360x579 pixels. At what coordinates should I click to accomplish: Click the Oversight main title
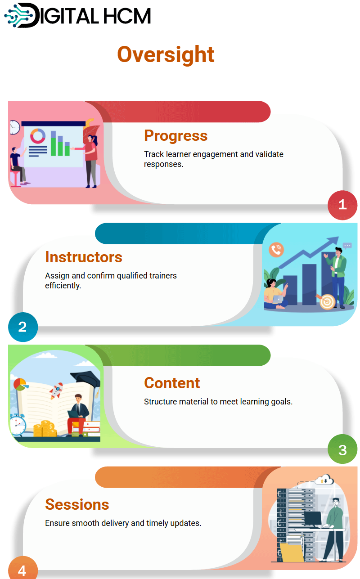pos(166,54)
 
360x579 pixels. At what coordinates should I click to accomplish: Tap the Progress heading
pos(175,135)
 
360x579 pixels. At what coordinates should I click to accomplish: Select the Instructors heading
pos(84,257)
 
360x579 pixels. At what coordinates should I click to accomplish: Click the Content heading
pos(172,383)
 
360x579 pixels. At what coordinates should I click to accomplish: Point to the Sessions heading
pos(77,504)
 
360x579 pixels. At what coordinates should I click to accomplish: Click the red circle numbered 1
pos(342,205)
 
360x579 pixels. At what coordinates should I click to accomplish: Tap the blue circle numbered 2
pos(23,327)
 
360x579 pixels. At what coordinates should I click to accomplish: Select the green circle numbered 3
pos(342,449)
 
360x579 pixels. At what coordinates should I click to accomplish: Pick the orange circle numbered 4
pos(23,569)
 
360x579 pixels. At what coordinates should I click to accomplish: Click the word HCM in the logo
pos(127,16)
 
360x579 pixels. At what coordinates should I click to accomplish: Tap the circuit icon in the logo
pos(18,15)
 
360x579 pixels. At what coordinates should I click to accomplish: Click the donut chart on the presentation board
pos(38,136)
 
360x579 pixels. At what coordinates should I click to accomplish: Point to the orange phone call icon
pos(276,250)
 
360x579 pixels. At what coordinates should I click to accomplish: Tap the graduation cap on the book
pos(86,381)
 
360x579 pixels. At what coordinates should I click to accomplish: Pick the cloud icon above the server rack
pos(324,480)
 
